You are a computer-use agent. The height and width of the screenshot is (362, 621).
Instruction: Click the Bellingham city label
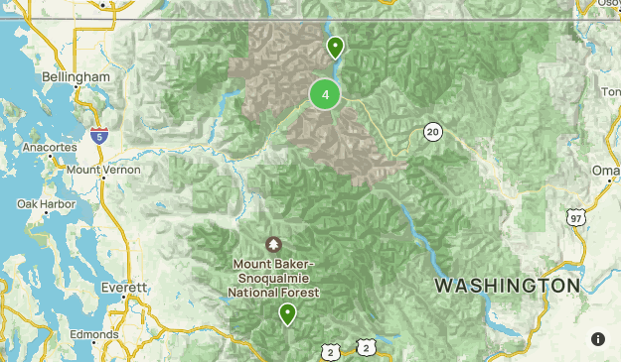pyautogui.click(x=76, y=76)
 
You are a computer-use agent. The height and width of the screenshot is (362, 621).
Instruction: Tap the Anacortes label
pyautogui.click(x=50, y=147)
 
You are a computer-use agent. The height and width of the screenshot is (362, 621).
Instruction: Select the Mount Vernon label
pyautogui.click(x=104, y=170)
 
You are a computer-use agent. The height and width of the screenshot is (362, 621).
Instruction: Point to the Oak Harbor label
pyautogui.click(x=40, y=203)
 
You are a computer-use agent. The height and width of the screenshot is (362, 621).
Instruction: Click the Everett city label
pyautogui.click(x=124, y=287)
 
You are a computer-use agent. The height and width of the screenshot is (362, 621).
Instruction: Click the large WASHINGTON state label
pyautogui.click(x=507, y=286)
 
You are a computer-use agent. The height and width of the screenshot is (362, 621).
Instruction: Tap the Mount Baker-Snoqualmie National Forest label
pyautogui.click(x=274, y=279)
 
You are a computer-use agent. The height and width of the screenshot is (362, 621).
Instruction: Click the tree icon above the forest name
pyautogui.click(x=274, y=244)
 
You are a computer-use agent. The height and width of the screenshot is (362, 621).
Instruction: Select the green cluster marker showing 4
pyautogui.click(x=325, y=95)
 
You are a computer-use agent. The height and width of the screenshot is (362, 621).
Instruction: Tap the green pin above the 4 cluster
pyautogui.click(x=335, y=47)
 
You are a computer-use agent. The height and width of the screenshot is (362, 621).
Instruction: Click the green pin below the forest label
pyautogui.click(x=287, y=314)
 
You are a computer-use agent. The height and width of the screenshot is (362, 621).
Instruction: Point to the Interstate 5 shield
pyautogui.click(x=97, y=136)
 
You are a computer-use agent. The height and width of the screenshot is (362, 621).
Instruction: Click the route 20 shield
pyautogui.click(x=431, y=131)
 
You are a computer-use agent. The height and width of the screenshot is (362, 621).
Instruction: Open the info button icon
pyautogui.click(x=597, y=339)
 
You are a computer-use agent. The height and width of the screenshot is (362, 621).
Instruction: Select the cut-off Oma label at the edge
pyautogui.click(x=605, y=171)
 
